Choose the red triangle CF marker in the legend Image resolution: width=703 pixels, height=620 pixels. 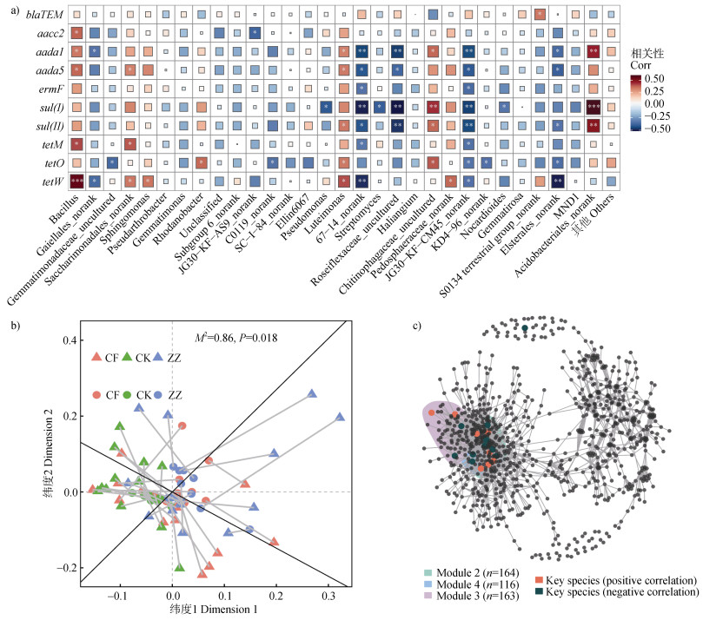[97, 358]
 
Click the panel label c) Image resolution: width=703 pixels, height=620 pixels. [416, 301]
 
